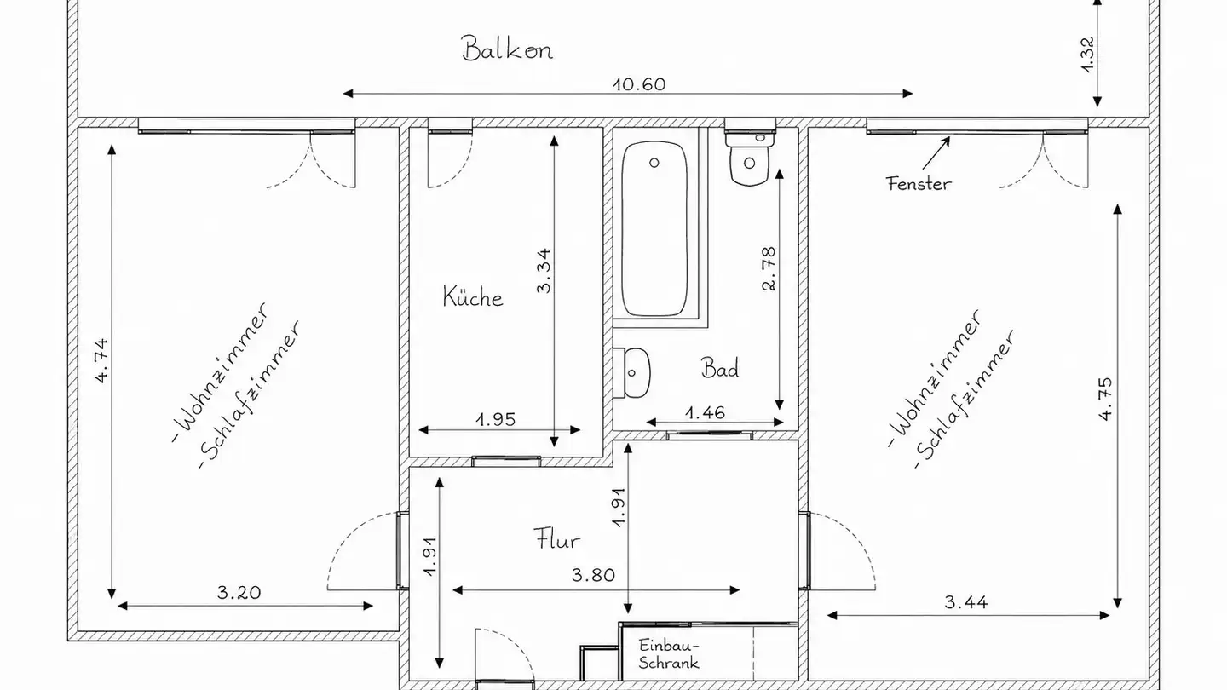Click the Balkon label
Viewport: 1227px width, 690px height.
(x=507, y=49)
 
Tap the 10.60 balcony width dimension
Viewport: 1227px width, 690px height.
(x=639, y=84)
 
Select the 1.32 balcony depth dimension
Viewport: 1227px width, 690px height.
(x=1087, y=55)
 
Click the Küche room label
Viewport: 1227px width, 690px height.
(x=473, y=296)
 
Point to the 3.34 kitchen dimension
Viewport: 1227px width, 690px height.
(x=544, y=271)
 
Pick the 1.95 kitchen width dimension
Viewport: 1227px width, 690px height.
(x=496, y=419)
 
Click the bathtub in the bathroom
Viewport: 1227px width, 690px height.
(x=654, y=228)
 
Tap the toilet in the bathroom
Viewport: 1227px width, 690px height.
(x=749, y=157)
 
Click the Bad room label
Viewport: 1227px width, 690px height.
(x=720, y=367)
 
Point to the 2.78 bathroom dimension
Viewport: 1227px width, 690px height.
(x=769, y=268)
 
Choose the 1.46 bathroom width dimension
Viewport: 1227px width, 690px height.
(x=705, y=412)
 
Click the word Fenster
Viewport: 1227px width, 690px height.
(x=919, y=183)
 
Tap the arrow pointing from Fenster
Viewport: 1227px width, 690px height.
(x=936, y=152)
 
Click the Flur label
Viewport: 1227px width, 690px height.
(x=556, y=539)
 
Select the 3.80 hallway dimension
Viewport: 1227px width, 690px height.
(x=593, y=575)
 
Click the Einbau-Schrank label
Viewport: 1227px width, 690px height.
(x=669, y=654)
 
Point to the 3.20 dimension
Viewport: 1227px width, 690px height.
(x=239, y=593)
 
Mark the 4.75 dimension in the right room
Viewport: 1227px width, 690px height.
(x=1106, y=399)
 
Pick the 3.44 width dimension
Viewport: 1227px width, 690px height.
(x=966, y=602)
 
